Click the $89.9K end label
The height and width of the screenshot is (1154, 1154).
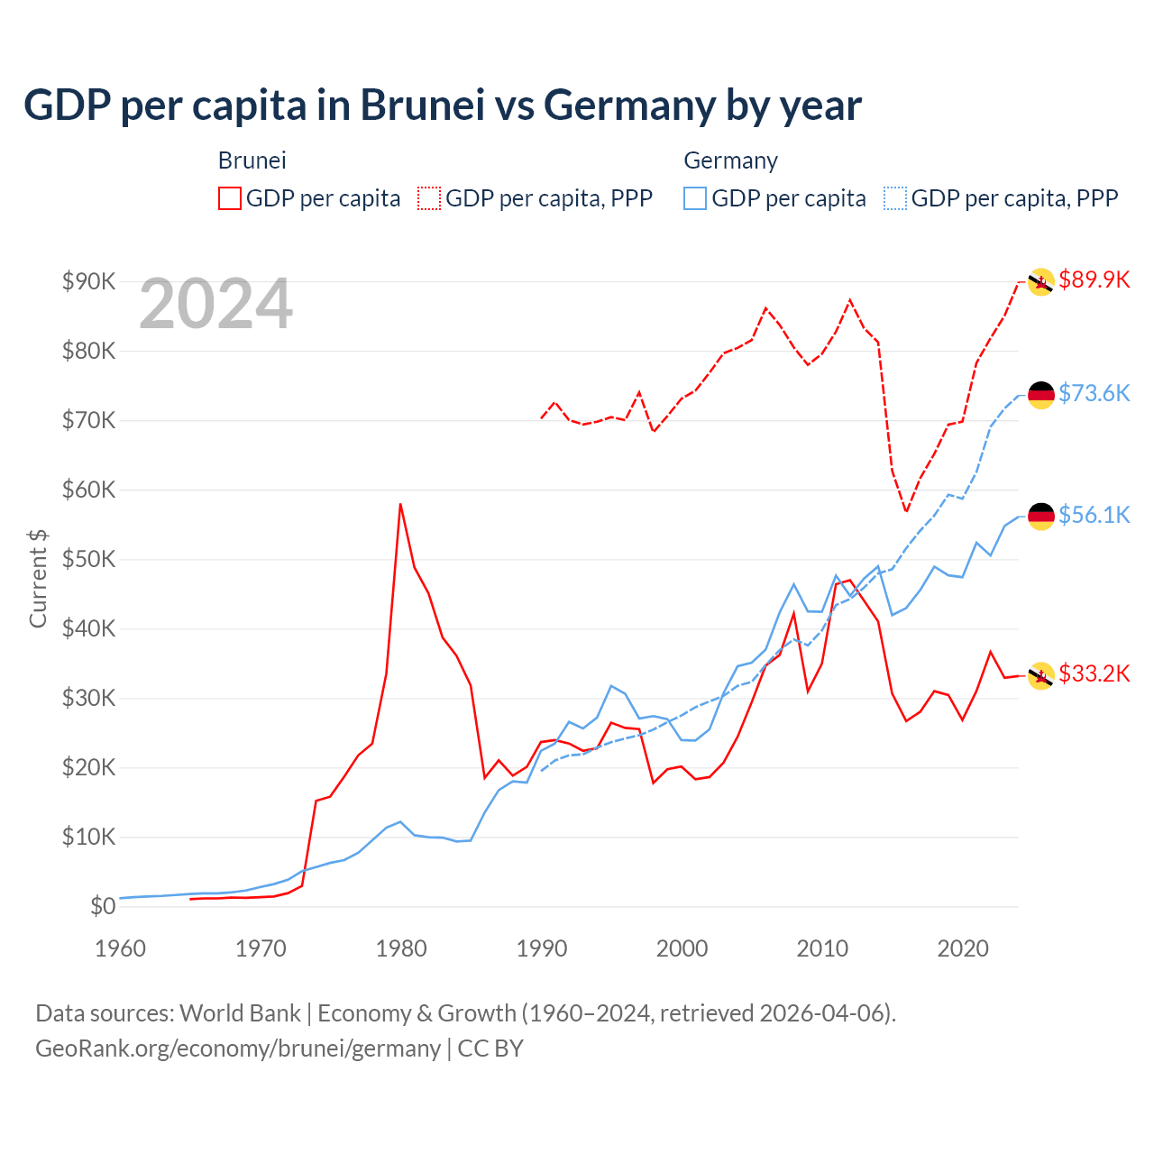(x=1094, y=279)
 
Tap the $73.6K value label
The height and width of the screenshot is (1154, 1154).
(x=1094, y=393)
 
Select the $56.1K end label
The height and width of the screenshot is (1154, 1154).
(x=1094, y=515)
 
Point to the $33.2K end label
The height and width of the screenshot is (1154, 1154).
(x=1094, y=673)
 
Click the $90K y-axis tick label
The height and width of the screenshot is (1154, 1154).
(x=88, y=281)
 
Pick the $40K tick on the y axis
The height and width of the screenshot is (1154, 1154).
(x=88, y=628)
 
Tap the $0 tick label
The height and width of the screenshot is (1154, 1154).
(x=103, y=906)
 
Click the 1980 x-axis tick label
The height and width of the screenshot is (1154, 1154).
(x=401, y=948)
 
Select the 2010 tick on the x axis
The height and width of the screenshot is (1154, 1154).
(x=822, y=948)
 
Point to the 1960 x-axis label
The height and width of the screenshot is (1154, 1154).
(x=120, y=948)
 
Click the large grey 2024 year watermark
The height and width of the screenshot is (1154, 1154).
(x=215, y=304)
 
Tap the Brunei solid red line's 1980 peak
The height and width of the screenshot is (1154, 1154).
(x=400, y=504)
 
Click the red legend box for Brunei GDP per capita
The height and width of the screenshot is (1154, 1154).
(x=230, y=198)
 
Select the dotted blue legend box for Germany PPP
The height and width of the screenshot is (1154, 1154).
(x=895, y=198)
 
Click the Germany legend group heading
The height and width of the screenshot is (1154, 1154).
(x=730, y=160)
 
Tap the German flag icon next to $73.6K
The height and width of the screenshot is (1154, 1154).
(x=1041, y=395)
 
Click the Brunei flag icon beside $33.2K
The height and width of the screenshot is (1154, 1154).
(x=1041, y=675)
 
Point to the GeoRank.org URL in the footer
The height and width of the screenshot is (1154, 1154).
(x=238, y=1049)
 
